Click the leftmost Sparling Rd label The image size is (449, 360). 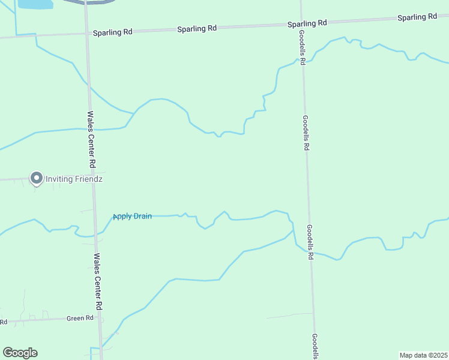pyautogui.click(x=112, y=32)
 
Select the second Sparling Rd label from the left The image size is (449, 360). pyautogui.click(x=196, y=28)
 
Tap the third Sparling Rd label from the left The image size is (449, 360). pyautogui.click(x=307, y=23)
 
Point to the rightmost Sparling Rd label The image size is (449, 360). pyautogui.click(x=417, y=17)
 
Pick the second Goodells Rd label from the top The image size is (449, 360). pyautogui.click(x=306, y=132)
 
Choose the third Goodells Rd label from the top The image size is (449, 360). pyautogui.click(x=310, y=242)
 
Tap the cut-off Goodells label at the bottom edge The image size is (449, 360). pyautogui.click(x=315, y=346)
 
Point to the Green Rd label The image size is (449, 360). pyautogui.click(x=80, y=319)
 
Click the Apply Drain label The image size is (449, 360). pyautogui.click(x=133, y=216)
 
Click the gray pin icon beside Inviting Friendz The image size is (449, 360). pyautogui.click(x=36, y=178)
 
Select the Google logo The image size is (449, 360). pyautogui.click(x=20, y=353)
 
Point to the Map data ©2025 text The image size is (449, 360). pyautogui.click(x=423, y=355)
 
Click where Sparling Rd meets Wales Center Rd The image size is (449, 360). pyautogui.click(x=86, y=33)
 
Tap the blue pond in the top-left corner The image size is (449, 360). pyautogui.click(x=35, y=4)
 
